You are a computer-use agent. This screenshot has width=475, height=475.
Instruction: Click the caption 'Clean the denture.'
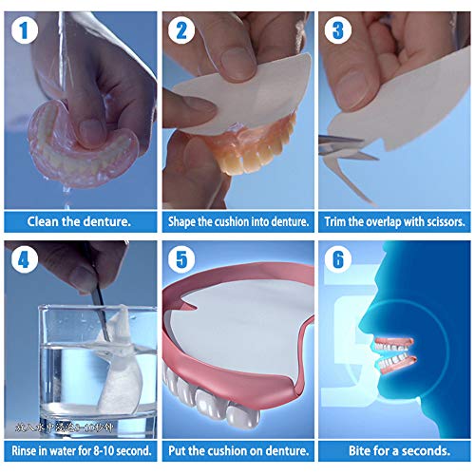[79, 222]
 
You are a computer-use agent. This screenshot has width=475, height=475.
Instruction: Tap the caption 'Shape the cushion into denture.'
[237, 222]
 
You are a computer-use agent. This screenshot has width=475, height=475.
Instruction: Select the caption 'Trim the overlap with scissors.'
[394, 222]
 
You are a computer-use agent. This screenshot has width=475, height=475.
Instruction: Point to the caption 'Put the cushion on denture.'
[237, 449]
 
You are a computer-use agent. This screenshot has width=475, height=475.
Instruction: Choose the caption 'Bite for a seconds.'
[394, 449]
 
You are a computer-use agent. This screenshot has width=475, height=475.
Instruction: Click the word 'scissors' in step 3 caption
[445, 222]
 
